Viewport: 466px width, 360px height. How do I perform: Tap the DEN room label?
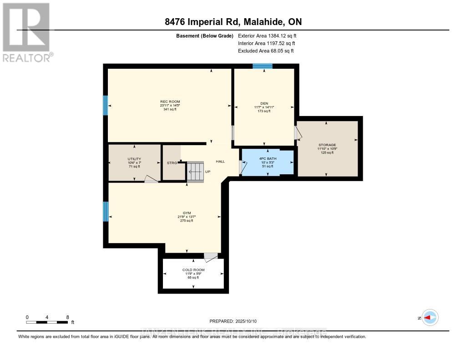tap(264, 103)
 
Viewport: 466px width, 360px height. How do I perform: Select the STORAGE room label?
tap(327, 145)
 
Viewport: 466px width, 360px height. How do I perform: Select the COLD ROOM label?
tap(193, 270)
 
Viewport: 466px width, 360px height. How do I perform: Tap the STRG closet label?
tap(171, 162)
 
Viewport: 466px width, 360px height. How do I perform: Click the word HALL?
tap(220, 161)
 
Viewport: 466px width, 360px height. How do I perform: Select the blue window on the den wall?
tap(263, 66)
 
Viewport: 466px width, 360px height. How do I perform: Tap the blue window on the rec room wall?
tap(106, 105)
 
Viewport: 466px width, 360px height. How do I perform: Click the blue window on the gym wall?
tap(106, 211)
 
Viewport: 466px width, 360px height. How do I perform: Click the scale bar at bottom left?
tap(47, 322)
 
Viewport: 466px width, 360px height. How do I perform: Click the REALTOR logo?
tap(27, 32)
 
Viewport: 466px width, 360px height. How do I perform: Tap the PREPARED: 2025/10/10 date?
tap(233, 320)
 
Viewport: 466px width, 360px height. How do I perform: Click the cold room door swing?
tap(211, 258)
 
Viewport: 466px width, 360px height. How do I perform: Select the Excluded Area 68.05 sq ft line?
tap(266, 51)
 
